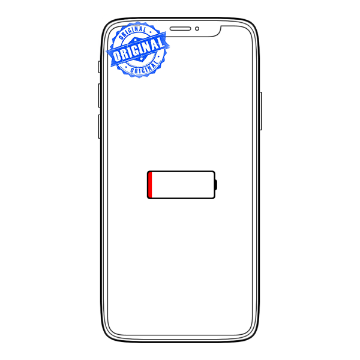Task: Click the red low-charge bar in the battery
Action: [x=150, y=185]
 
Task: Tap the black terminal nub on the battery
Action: [x=215, y=185]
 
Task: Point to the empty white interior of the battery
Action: [x=183, y=185]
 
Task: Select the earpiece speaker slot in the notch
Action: [x=180, y=28]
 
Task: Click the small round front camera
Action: [x=197, y=29]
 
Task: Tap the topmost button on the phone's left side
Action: [x=99, y=67]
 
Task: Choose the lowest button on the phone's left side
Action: [x=99, y=127]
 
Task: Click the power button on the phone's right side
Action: [x=260, y=111]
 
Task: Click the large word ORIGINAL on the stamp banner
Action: [x=139, y=50]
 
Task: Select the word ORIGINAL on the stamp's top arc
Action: [x=133, y=32]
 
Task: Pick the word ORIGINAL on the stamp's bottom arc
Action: [x=144, y=68]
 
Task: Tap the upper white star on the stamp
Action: [x=135, y=40]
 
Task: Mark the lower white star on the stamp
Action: [x=142, y=59]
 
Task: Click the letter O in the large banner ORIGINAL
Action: [x=116, y=56]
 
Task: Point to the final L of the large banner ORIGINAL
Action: [x=161, y=43]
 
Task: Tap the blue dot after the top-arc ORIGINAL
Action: [x=151, y=32]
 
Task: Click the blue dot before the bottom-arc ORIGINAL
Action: [x=126, y=67]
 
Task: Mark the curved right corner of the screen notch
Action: [x=217, y=33]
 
